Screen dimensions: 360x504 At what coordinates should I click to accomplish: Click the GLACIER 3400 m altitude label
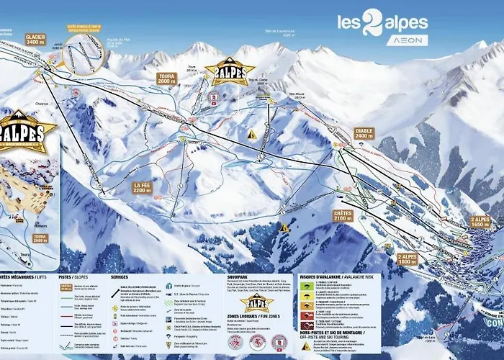[x=35, y=38]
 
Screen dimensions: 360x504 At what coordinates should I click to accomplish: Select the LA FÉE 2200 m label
[x=143, y=188]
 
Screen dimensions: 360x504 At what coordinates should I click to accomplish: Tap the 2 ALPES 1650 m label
[x=480, y=222]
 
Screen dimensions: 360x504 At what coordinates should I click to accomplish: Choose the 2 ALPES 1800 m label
[x=408, y=259]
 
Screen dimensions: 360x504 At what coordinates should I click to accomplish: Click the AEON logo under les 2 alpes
[x=406, y=40]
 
